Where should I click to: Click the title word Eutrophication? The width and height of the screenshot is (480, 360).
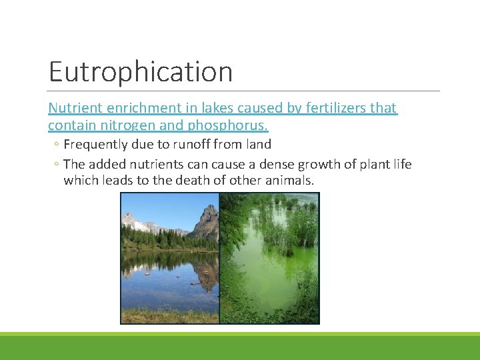pos(141,72)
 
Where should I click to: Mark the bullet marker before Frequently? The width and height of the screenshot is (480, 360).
pos(57,145)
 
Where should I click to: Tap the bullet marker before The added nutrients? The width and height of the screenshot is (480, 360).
pos(57,165)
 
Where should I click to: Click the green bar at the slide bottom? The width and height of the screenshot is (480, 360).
pos(240,347)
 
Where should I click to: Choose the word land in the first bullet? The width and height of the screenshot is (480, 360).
pos(257,144)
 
